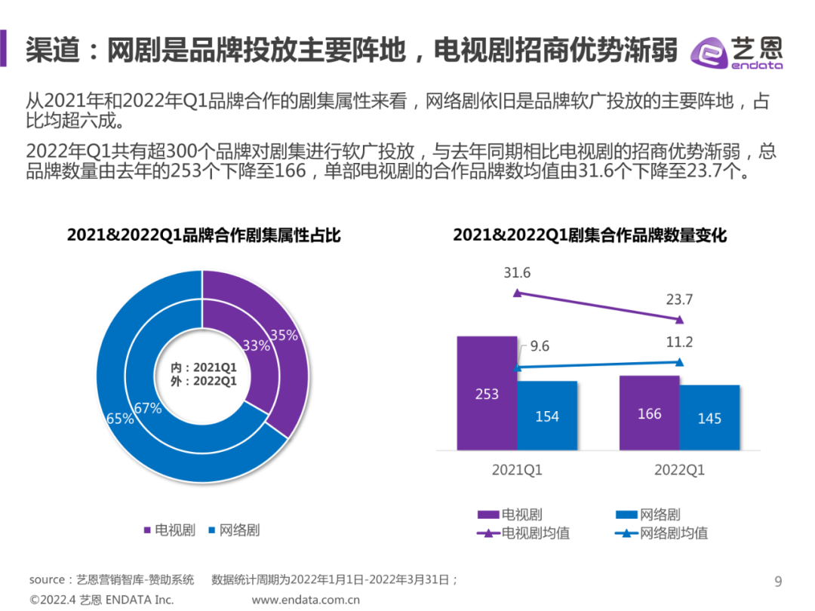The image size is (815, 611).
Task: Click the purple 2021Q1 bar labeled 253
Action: tap(487, 392)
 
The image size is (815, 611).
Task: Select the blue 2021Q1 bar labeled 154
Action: tap(547, 415)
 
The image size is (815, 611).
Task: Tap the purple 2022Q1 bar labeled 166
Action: tap(649, 413)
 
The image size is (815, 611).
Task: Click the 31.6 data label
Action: tap(517, 273)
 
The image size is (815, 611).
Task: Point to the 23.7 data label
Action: tap(679, 299)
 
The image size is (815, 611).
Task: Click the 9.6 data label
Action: tap(540, 347)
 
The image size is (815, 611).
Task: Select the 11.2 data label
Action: tap(679, 342)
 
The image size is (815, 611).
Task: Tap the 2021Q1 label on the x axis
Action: tap(517, 470)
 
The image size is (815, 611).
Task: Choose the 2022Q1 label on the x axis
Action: tap(679, 470)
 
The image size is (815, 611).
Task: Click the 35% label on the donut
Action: tap(284, 336)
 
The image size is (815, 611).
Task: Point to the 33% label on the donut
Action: tap(256, 346)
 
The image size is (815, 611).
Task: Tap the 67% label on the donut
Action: tap(148, 408)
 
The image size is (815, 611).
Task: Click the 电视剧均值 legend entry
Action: tap(524, 533)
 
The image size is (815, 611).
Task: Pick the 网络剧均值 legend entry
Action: tap(662, 533)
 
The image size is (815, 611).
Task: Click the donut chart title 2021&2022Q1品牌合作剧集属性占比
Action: tap(204, 235)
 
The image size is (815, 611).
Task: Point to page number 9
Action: tap(778, 581)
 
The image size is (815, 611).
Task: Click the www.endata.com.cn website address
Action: tap(306, 600)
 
